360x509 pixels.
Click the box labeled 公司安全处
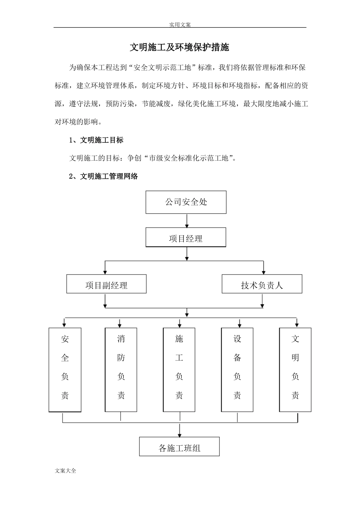[x=186, y=202]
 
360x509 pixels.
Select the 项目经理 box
[x=186, y=238]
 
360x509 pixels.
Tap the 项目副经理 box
[x=106, y=284]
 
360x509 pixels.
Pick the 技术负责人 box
[x=262, y=284]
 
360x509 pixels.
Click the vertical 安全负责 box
[x=65, y=370]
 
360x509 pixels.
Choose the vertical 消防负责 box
[x=121, y=370]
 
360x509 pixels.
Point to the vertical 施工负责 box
[x=179, y=370]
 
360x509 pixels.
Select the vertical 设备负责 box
[x=237, y=370]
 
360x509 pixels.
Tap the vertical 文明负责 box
[x=295, y=370]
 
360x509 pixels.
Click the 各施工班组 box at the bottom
[x=179, y=447]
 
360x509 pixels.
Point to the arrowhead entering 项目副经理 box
[x=105, y=272]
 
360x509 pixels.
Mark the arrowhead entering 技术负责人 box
[x=264, y=272]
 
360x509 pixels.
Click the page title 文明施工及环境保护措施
[x=180, y=48]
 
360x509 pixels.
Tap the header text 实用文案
[x=180, y=25]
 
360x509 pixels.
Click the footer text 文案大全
[x=66, y=471]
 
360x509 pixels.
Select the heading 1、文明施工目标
[x=97, y=140]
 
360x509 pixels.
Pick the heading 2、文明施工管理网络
[x=103, y=176]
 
